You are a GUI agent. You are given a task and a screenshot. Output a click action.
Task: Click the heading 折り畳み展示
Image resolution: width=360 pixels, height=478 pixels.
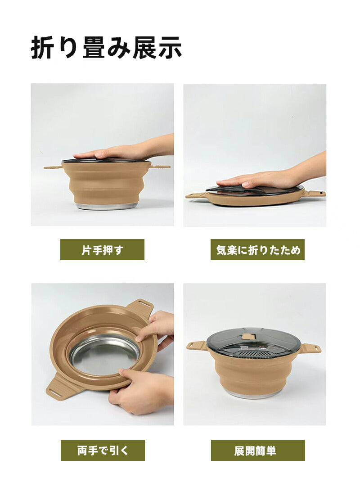pyautogui.click(x=106, y=47)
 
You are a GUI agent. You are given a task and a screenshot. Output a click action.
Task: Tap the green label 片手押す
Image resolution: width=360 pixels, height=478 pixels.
pyautogui.click(x=102, y=250)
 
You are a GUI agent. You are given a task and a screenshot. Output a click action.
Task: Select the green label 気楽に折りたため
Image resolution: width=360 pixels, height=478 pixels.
pyautogui.click(x=257, y=250)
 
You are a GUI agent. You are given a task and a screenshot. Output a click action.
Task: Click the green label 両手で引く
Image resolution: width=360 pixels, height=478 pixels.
pyautogui.click(x=103, y=450)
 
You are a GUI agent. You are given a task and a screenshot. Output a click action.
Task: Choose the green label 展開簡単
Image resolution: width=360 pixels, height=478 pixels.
pyautogui.click(x=258, y=450)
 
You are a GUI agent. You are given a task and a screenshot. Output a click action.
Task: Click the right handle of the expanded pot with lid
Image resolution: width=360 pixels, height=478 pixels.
pyautogui.click(x=311, y=348)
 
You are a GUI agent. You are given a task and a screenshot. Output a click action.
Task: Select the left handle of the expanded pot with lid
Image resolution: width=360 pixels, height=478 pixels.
pyautogui.click(x=197, y=346)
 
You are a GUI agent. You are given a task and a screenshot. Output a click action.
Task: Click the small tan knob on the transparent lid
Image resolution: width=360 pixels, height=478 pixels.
pyautogui.click(x=247, y=336)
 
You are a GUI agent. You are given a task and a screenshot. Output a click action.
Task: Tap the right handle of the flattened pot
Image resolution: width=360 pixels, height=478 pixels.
pyautogui.click(x=315, y=194)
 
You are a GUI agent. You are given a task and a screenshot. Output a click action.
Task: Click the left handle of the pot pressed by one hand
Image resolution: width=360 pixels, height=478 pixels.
pyautogui.click(x=53, y=167)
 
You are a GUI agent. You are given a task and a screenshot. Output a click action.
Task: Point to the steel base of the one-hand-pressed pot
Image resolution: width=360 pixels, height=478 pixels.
pyautogui.click(x=106, y=206)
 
